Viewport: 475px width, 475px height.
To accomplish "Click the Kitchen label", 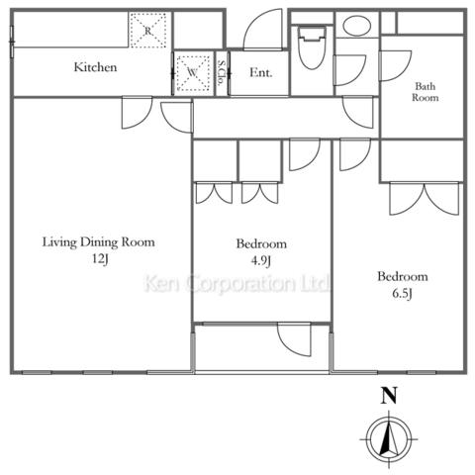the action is [95, 67].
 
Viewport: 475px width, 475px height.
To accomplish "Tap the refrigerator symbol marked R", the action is [147, 31].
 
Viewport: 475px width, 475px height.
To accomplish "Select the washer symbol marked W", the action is [193, 73].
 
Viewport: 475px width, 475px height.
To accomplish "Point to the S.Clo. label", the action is [222, 72].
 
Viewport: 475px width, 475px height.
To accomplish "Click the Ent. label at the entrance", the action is [261, 72].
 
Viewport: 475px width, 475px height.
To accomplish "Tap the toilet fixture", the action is [312, 47].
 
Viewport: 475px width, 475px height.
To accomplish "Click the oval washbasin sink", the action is [357, 25].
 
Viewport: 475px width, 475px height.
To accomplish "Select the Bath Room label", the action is [426, 92].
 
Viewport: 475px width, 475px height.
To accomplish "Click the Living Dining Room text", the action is [99, 242].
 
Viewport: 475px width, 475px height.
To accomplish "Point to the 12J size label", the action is [100, 258].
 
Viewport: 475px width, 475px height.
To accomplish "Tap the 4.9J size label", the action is [261, 261].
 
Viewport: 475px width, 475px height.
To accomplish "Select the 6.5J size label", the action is [403, 293].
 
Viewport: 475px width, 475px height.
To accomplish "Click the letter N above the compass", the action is [389, 396].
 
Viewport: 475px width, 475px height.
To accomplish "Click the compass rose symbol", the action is [389, 439].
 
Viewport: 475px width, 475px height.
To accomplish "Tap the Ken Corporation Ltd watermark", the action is [237, 283].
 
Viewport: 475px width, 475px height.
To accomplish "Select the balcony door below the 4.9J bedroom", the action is [294, 339].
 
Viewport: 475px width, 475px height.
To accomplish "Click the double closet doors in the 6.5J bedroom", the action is [425, 199].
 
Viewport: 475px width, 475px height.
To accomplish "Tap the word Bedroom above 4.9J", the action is [261, 243].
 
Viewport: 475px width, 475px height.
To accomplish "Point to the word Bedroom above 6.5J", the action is [403, 276].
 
